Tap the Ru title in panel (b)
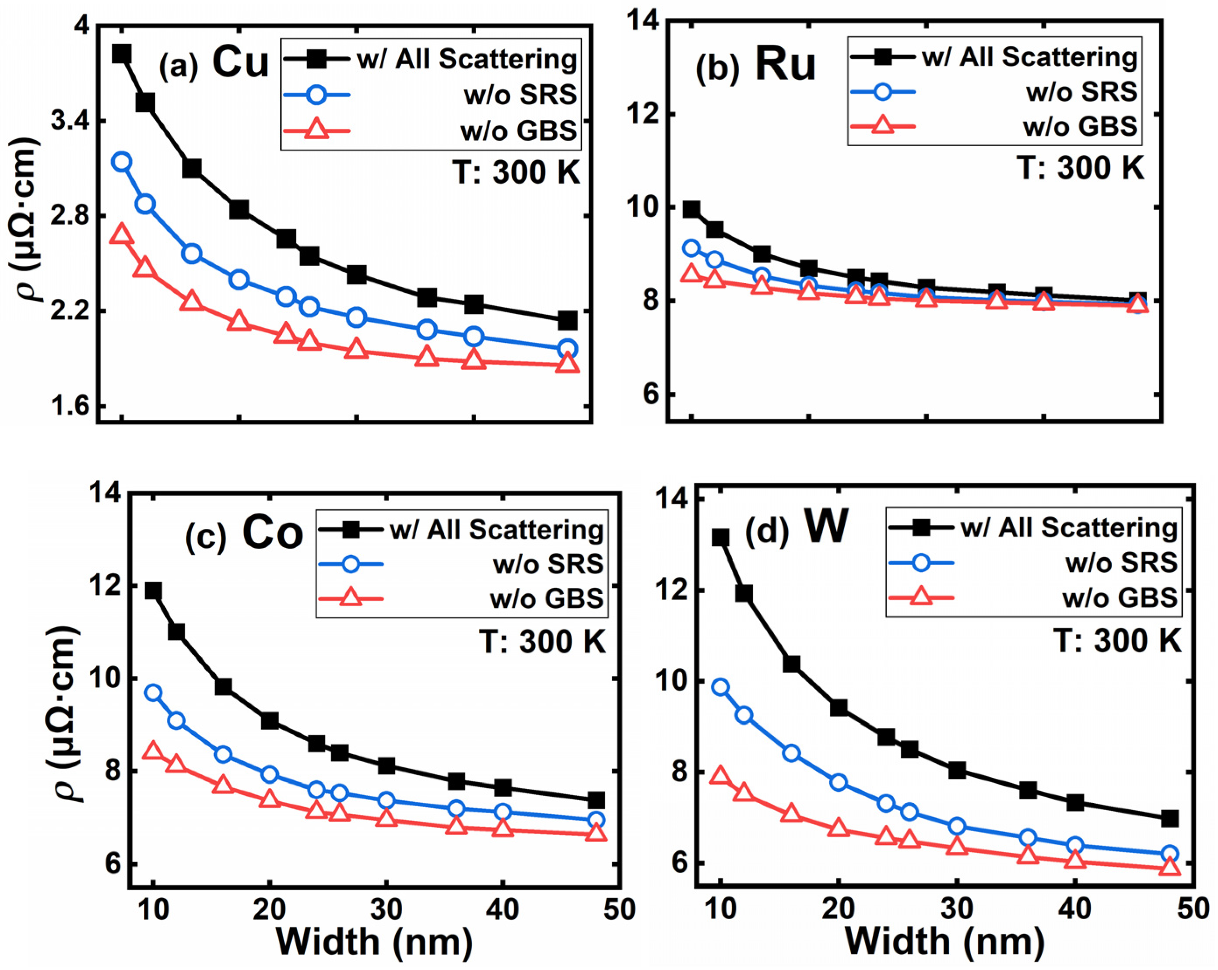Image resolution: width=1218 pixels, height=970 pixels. point(785,65)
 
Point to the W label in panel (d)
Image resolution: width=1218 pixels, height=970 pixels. point(826,527)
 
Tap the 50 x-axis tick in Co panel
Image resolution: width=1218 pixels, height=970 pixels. point(619,910)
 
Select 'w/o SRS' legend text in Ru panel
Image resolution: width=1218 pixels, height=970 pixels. point(1081,91)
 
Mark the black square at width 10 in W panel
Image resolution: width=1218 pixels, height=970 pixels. point(720,537)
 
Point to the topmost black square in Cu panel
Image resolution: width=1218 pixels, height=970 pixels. point(122,54)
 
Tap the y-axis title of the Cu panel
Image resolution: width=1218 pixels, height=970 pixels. point(28,220)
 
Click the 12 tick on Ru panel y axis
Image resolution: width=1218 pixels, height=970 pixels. point(641,115)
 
